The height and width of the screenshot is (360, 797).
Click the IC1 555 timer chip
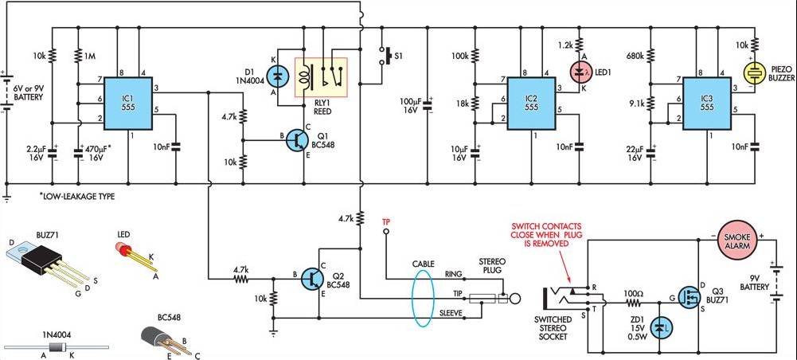pyautogui.click(x=129, y=105)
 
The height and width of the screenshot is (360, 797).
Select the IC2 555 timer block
pyautogui.click(x=532, y=105)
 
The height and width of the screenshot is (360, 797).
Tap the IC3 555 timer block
pyautogui.click(x=707, y=105)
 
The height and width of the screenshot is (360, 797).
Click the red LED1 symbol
pyautogui.click(x=579, y=72)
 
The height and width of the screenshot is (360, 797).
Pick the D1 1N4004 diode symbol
pyautogui.click(x=277, y=77)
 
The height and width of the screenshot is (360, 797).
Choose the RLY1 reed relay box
pyautogui.click(x=321, y=77)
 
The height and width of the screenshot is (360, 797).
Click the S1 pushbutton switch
pyautogui.click(x=385, y=57)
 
